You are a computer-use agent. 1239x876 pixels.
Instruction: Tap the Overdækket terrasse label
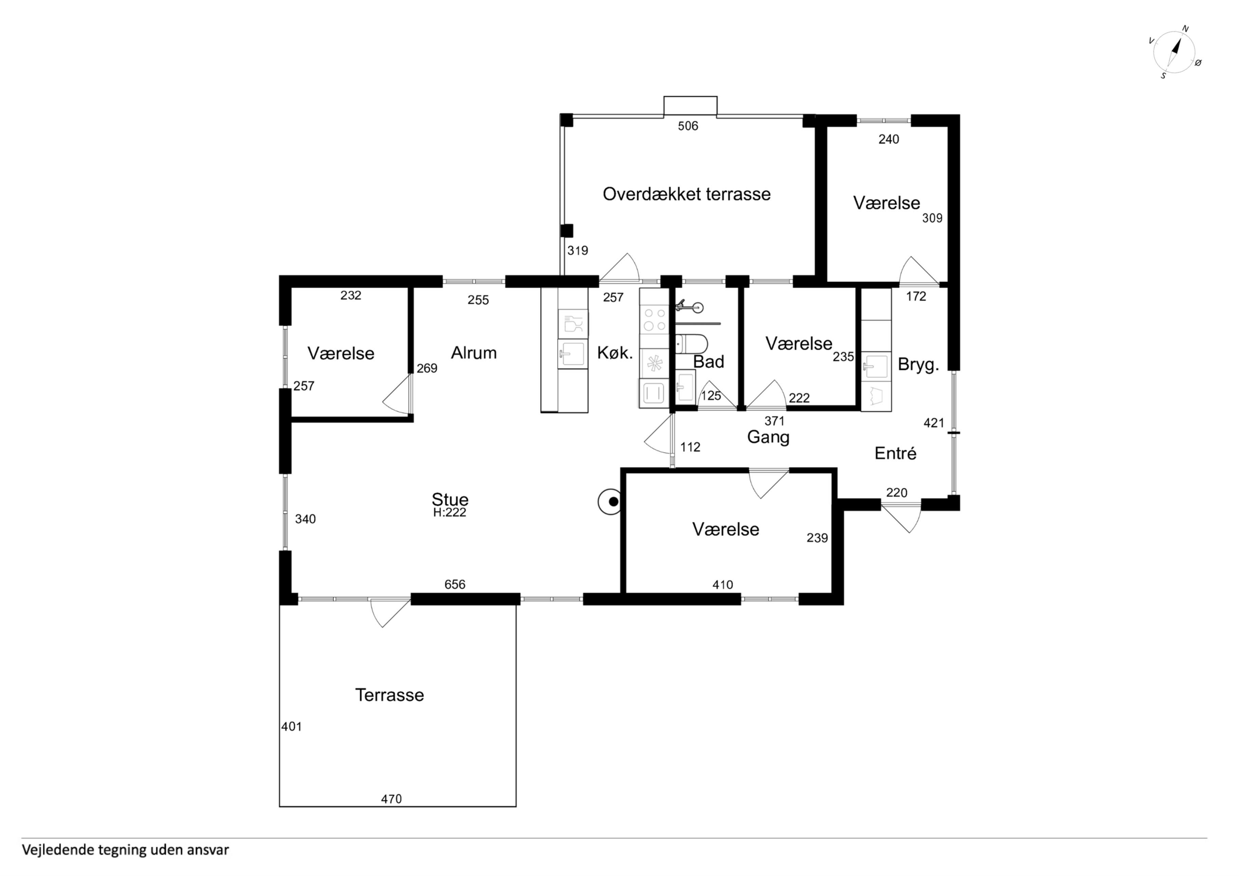[x=686, y=194]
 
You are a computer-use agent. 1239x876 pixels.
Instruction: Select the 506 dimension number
[x=688, y=126]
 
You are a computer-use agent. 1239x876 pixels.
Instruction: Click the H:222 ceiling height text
[x=450, y=512]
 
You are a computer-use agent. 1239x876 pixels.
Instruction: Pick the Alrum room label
[x=474, y=353]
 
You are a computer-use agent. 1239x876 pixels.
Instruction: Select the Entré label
[x=895, y=453]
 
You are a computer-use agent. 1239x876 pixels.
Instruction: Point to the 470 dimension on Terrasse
[x=391, y=799]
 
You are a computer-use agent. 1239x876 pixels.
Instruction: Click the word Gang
[x=768, y=437]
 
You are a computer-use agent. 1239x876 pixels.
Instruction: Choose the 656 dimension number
[x=455, y=585]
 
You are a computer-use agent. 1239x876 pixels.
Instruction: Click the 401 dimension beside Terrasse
[x=291, y=727]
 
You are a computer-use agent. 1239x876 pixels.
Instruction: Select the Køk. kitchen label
[x=615, y=353]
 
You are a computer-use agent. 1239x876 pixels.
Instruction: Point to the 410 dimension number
[x=722, y=585]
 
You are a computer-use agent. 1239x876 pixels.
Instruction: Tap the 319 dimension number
[x=577, y=250]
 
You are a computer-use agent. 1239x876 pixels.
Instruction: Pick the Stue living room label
[x=450, y=499]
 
